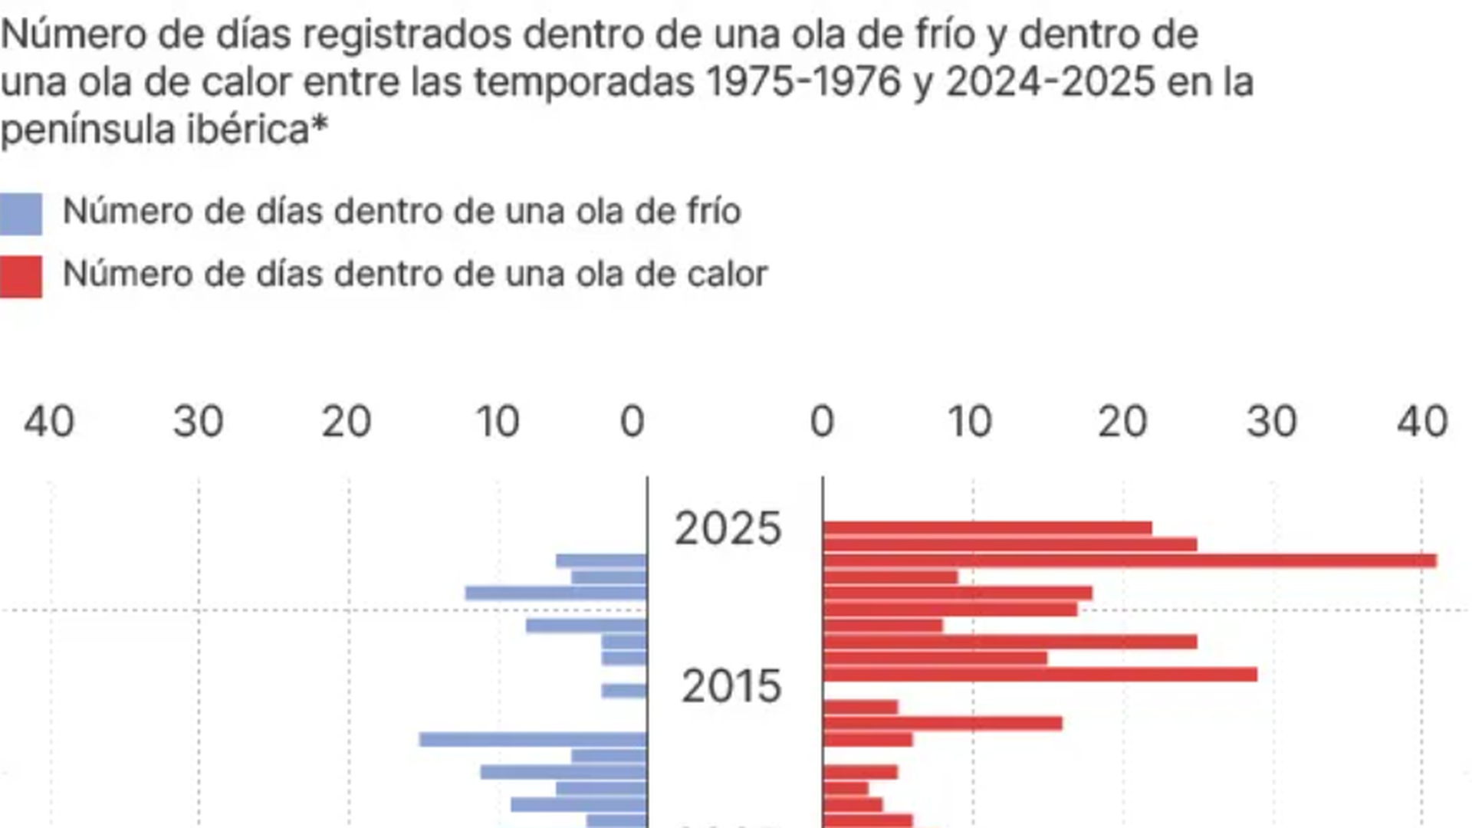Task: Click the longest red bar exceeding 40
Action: pyautogui.click(x=1129, y=560)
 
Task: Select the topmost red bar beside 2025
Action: pyautogui.click(x=987, y=527)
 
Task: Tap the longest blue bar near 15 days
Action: pyautogui.click(x=533, y=740)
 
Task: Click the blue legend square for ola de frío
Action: pyautogui.click(x=21, y=214)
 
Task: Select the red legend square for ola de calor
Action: pyautogui.click(x=21, y=277)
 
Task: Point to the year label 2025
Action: pyautogui.click(x=728, y=529)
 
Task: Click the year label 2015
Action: pyautogui.click(x=731, y=686)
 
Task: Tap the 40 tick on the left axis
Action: pyautogui.click(x=49, y=422)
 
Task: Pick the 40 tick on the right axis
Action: pyautogui.click(x=1422, y=422)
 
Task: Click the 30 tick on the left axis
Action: pyautogui.click(x=198, y=422)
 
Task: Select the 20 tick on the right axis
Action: pyautogui.click(x=1122, y=422)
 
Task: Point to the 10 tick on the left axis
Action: pyautogui.click(x=498, y=422)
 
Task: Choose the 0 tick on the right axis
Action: pyautogui.click(x=822, y=422)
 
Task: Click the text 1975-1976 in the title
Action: pyautogui.click(x=803, y=82)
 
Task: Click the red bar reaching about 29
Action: pyautogui.click(x=1040, y=675)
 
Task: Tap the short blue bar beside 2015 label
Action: pyautogui.click(x=624, y=691)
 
